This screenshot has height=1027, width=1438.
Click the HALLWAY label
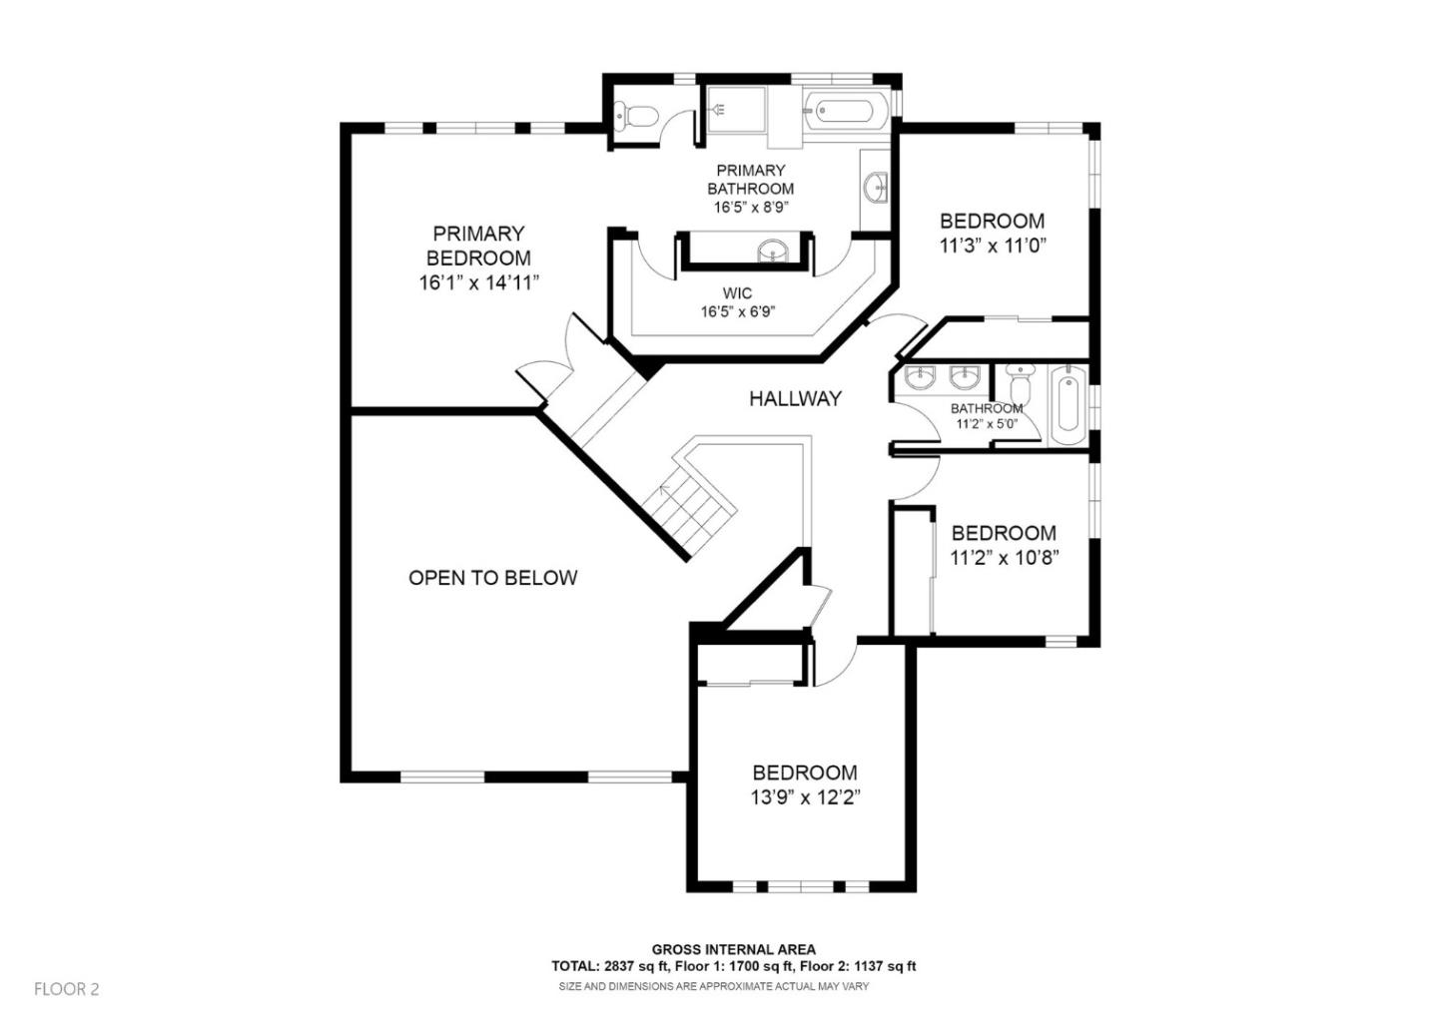[x=795, y=398]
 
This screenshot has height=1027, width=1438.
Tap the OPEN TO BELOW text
[x=492, y=578]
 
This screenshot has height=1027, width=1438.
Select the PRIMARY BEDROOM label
[x=478, y=246]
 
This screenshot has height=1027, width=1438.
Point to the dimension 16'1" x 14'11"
[x=478, y=282]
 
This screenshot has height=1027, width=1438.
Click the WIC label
[x=737, y=293]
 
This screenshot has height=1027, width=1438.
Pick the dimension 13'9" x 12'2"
[x=805, y=797]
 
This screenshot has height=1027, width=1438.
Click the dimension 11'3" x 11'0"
[x=992, y=246]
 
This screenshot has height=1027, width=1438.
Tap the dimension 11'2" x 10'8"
[x=1004, y=558]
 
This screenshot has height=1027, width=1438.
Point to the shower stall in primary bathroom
[x=736, y=110]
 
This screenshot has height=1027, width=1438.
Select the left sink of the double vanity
[x=919, y=377]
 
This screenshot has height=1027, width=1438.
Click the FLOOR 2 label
[x=67, y=989]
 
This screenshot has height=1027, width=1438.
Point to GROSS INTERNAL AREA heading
[x=733, y=949]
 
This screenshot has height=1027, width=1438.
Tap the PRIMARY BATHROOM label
[x=751, y=180]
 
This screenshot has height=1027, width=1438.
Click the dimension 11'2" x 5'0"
[x=987, y=423]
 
